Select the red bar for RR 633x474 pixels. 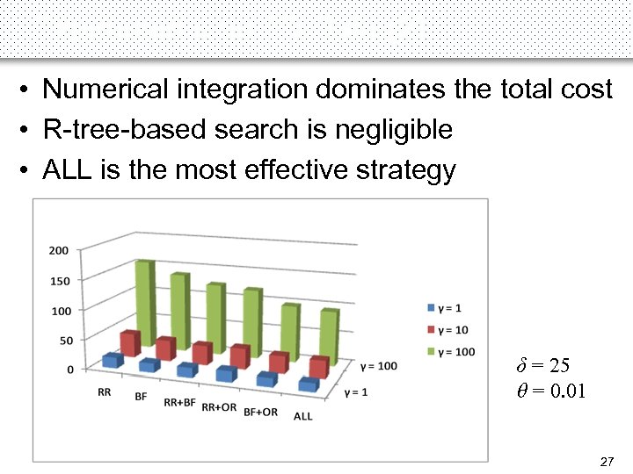point(130,343)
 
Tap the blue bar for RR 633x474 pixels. point(112,360)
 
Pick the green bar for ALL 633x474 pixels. point(329,338)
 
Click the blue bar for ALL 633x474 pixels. point(308,384)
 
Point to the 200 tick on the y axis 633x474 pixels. point(59,251)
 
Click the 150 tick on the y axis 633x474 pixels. point(59,281)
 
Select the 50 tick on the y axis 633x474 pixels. point(62,340)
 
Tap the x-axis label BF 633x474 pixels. point(141,398)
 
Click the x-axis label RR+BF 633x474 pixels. point(180,403)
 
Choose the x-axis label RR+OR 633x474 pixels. point(219,407)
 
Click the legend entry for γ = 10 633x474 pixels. point(449,329)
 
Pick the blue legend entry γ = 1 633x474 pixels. point(447,307)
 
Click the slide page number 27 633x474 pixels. point(606,461)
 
